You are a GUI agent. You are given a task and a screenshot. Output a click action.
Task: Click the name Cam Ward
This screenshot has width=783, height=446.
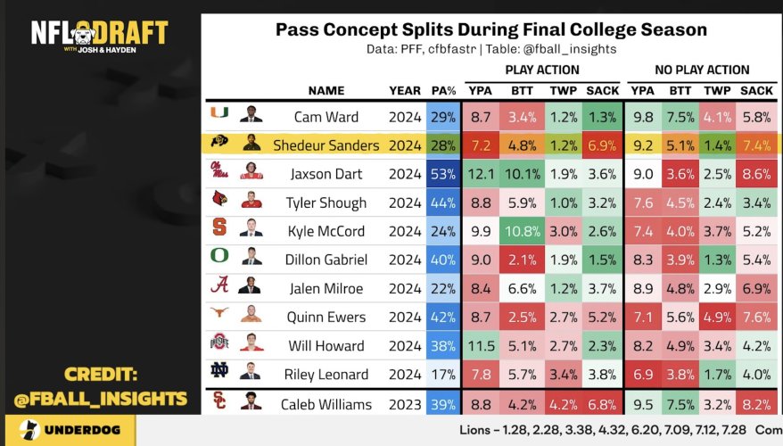(326, 117)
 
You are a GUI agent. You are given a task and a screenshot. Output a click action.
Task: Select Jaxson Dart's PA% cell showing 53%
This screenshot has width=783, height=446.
(443, 174)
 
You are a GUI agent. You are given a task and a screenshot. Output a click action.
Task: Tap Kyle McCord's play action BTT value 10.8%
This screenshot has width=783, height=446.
(523, 231)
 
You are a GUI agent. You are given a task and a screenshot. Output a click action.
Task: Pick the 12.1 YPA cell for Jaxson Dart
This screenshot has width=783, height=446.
(481, 174)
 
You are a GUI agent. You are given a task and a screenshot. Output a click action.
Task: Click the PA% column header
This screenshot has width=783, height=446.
(443, 90)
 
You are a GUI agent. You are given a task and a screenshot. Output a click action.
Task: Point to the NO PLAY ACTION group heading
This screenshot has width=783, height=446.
(701, 70)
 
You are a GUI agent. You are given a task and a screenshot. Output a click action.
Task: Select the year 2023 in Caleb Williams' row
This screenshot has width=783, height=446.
(405, 404)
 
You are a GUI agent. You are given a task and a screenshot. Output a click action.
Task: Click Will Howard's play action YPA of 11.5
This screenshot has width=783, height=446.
(481, 345)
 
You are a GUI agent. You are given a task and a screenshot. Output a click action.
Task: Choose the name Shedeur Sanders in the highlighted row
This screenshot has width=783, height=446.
(326, 145)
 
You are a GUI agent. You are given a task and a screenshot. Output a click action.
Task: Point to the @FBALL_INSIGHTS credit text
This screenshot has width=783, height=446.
(99, 399)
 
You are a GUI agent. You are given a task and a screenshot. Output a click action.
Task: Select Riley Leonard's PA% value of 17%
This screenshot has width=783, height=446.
(443, 374)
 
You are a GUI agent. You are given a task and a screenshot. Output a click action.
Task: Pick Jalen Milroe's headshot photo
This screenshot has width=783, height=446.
(251, 287)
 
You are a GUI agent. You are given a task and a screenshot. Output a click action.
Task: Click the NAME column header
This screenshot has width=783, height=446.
(326, 90)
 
